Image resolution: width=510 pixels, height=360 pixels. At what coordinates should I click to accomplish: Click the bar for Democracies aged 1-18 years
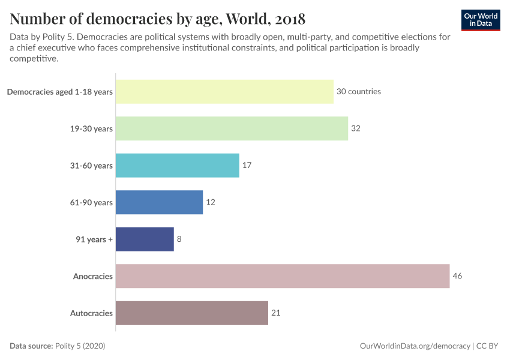(224, 92)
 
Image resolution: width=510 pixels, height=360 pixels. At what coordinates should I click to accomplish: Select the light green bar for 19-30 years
(232, 128)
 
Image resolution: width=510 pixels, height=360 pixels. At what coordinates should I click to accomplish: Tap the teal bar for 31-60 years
(177, 165)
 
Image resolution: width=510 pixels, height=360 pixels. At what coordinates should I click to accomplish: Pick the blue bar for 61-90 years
(159, 202)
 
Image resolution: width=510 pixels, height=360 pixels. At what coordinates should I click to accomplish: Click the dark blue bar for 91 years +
(145, 239)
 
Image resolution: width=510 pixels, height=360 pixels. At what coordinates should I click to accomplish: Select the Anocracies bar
(282, 276)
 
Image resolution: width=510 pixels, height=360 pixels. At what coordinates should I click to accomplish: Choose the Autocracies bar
(191, 313)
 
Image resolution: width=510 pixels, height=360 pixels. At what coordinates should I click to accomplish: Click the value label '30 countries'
(359, 92)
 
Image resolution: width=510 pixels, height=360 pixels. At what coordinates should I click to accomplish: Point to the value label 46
(457, 276)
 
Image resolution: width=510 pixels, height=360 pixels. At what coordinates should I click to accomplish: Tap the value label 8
(179, 239)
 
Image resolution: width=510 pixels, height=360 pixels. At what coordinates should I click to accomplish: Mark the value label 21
(276, 313)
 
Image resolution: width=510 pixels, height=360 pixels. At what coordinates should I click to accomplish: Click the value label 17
(247, 165)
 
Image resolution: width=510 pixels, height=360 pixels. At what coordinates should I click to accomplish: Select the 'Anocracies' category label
(92, 276)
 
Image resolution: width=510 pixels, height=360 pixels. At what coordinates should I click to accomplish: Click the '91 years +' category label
(94, 239)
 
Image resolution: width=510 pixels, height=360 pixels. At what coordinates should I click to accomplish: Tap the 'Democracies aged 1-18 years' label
(59, 92)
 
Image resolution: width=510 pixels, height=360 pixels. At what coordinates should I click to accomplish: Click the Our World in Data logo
(481, 20)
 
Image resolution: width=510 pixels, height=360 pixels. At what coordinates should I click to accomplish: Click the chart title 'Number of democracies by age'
(157, 19)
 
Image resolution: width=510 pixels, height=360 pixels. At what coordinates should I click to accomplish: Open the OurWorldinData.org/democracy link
(415, 346)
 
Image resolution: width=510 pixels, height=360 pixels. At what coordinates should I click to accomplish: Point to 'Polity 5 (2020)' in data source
(80, 346)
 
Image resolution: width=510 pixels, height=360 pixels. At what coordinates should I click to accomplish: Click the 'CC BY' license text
(489, 346)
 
